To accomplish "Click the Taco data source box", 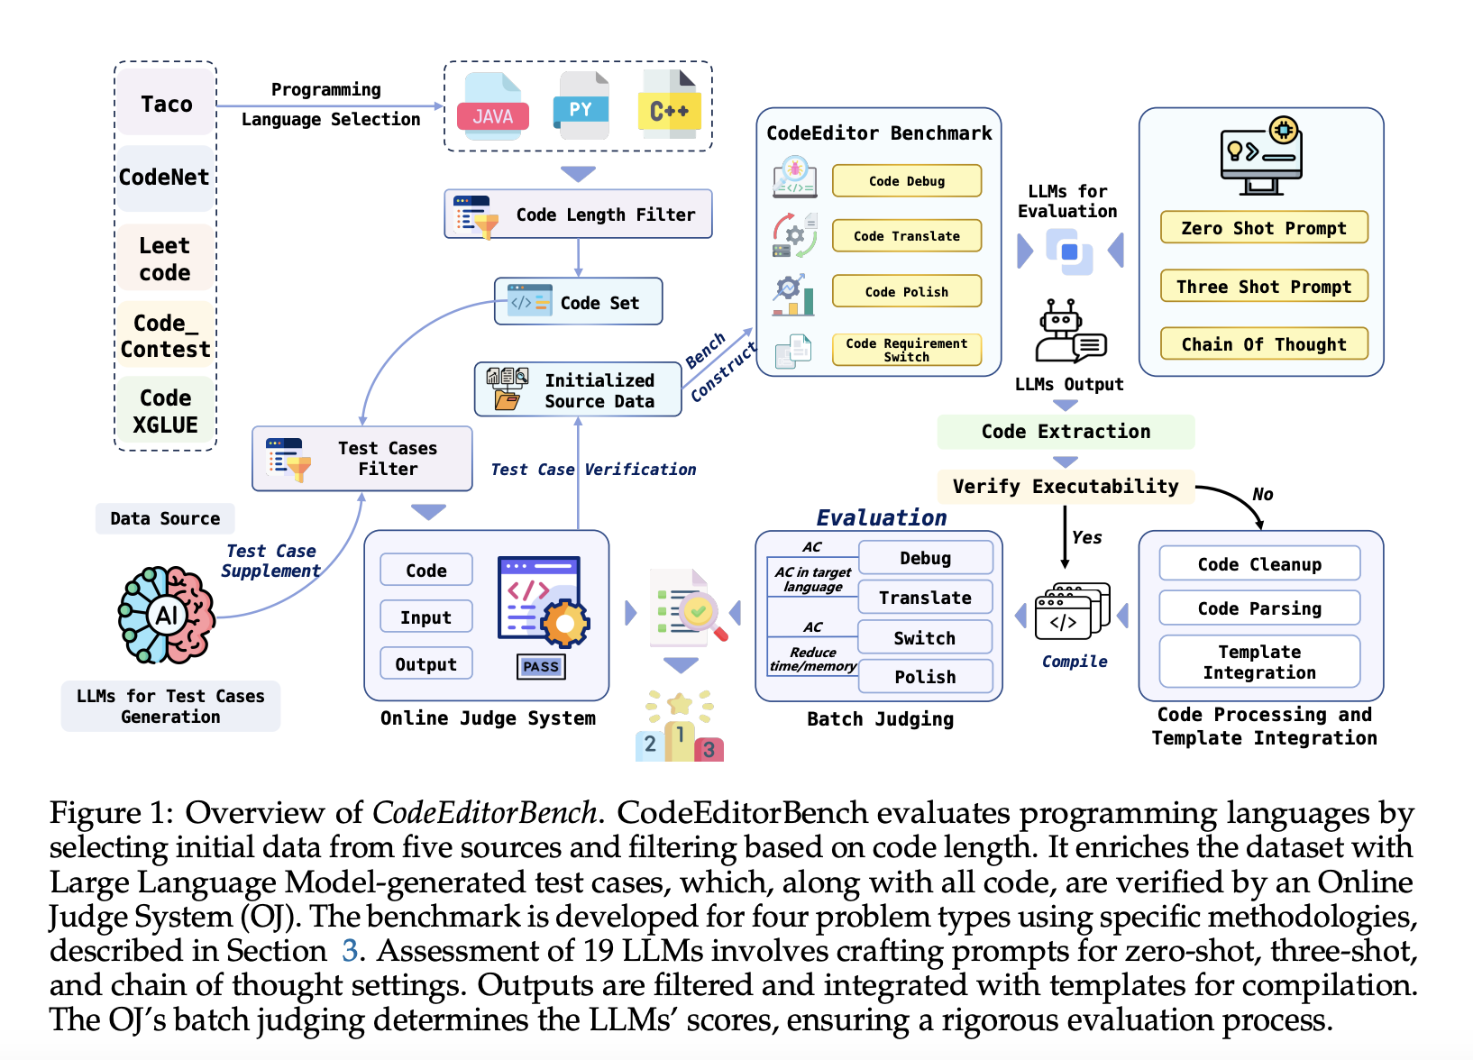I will click(x=166, y=104).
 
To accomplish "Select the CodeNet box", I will click(x=165, y=177).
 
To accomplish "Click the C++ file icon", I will click(x=669, y=106).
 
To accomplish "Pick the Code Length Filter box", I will click(x=578, y=215).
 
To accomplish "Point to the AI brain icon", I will click(x=167, y=615).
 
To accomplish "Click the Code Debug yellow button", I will click(x=906, y=181).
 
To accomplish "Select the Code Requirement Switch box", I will click(x=906, y=350).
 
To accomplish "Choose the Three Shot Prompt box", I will click(x=1263, y=287).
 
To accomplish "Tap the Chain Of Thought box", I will click(x=1263, y=344).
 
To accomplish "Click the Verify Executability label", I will click(x=1065, y=487).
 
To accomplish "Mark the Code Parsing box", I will click(x=1258, y=608).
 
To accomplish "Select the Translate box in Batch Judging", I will click(x=925, y=598).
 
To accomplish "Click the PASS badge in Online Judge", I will click(x=541, y=667).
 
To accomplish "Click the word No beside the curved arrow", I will click(x=1262, y=494).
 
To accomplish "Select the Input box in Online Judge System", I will click(x=425, y=617).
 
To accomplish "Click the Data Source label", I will click(x=165, y=518).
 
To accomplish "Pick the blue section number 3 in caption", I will click(x=350, y=951).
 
